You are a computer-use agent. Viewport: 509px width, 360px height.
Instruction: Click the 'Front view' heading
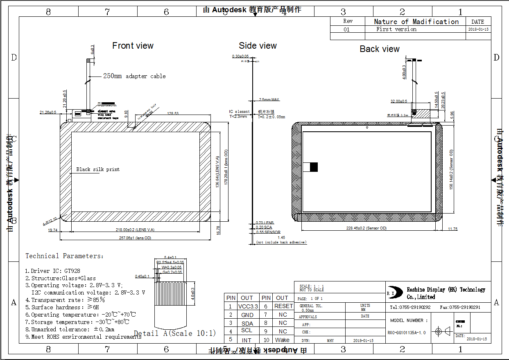pos(133,46)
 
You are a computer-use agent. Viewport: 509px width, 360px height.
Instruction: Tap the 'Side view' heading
pos(258,46)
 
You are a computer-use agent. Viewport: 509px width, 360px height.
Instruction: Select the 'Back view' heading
pos(379,49)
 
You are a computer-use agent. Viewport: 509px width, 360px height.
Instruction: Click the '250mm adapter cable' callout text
pos(134,76)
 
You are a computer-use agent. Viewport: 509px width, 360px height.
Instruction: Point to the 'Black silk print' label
pos(98,169)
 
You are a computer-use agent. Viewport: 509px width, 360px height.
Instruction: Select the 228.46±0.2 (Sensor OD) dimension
pos(366,228)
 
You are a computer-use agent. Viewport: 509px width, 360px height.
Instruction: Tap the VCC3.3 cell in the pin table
pos(248,306)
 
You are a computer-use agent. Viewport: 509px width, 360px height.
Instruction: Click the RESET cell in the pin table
pos(283,306)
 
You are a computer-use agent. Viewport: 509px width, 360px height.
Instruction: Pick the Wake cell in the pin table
pos(282,340)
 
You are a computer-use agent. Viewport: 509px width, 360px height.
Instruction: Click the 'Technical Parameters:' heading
pos(64,256)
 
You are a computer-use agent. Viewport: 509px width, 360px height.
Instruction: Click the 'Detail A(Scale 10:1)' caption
pos(175,333)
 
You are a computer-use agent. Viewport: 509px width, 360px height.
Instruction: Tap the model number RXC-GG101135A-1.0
pos(407,333)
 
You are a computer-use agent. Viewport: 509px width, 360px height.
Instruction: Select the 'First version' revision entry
pos(396,29)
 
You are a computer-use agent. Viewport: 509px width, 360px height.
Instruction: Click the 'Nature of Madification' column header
pos(416,22)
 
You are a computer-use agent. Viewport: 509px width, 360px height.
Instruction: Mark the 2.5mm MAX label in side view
pos(269,99)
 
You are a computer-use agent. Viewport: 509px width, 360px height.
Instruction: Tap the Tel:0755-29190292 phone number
pos(410,307)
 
